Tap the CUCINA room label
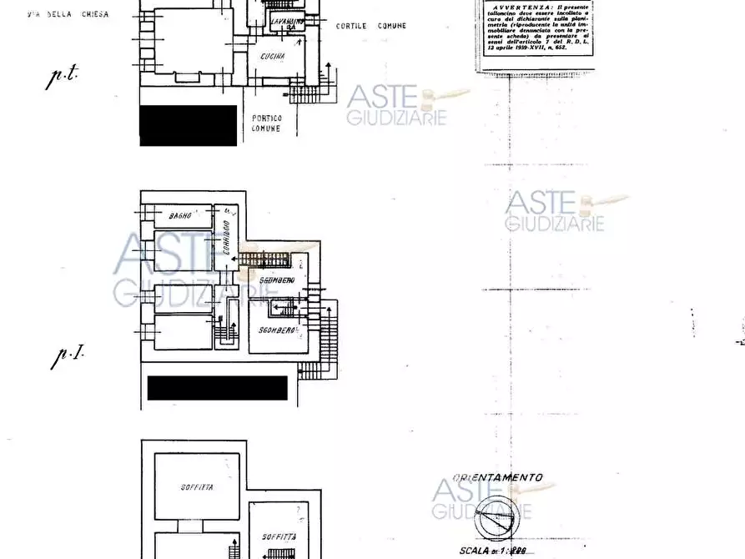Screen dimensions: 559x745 (272, 57)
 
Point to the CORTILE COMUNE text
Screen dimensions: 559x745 (371, 26)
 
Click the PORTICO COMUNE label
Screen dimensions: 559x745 (266, 123)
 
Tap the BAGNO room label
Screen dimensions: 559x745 (180, 216)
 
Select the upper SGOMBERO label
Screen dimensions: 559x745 (276, 279)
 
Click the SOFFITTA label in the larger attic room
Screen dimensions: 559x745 (196, 487)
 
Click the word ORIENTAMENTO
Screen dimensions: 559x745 (498, 478)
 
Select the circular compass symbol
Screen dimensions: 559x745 (492, 521)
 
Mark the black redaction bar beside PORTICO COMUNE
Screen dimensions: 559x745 (189, 125)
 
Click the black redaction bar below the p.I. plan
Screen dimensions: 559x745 (217, 388)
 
